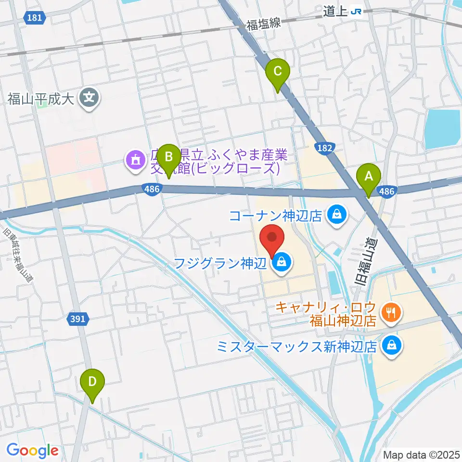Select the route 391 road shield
tap(77, 319)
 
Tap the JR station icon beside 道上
tap(357, 11)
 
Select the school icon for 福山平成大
tap(89, 99)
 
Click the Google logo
tap(32, 450)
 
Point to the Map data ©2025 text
tap(420, 454)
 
